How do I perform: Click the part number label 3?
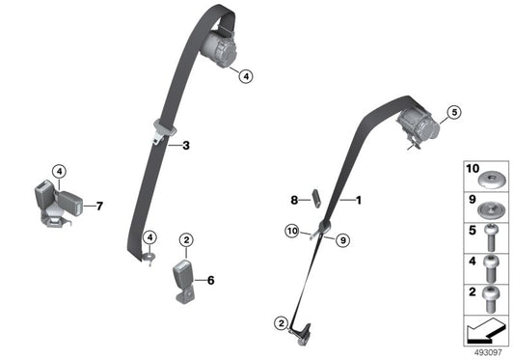click(x=186, y=146)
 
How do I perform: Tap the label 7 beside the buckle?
click(x=97, y=205)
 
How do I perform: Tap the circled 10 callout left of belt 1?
click(x=290, y=230)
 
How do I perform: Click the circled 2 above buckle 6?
click(x=187, y=238)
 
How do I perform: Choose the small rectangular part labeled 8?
click(x=313, y=200)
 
